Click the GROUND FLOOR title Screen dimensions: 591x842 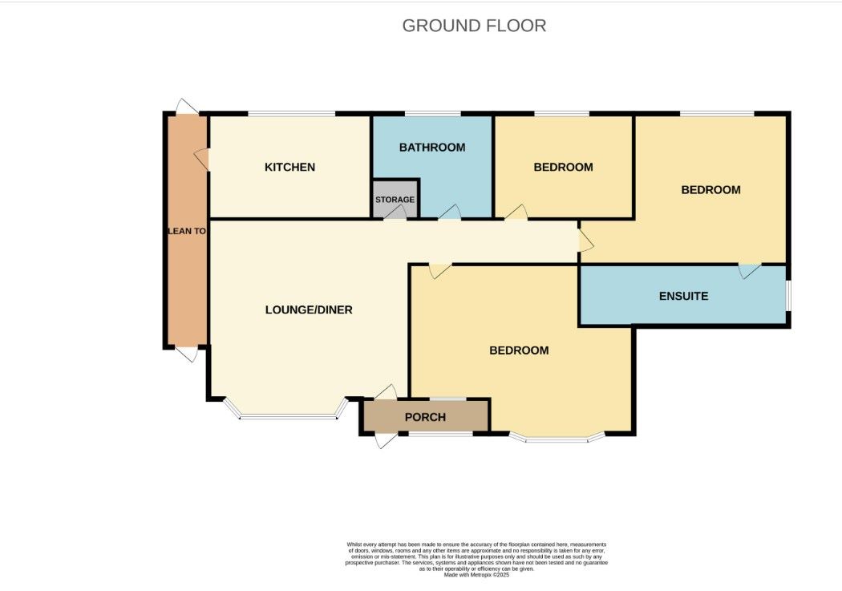pyautogui.click(x=474, y=26)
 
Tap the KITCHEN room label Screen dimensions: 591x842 pyautogui.click(x=289, y=168)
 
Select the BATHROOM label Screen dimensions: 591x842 pyautogui.click(x=432, y=148)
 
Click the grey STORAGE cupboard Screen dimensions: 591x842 pyautogui.click(x=395, y=199)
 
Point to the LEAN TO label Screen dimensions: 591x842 pyautogui.click(x=187, y=231)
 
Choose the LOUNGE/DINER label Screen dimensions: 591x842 pyautogui.click(x=309, y=310)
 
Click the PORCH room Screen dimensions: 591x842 pyautogui.click(x=425, y=417)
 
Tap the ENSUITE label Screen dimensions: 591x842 pyautogui.click(x=683, y=296)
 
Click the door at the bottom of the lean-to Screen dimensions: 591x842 pyautogui.click(x=185, y=354)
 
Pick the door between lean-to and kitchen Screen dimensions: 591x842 pyautogui.click(x=202, y=159)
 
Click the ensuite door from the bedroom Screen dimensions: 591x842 pyautogui.click(x=749, y=270)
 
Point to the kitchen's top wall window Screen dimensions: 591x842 pyautogui.click(x=290, y=114)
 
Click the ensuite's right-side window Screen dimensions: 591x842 pyautogui.click(x=787, y=294)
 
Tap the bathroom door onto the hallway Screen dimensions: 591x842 pyautogui.click(x=449, y=212)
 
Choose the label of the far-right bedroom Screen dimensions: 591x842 pyautogui.click(x=710, y=190)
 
